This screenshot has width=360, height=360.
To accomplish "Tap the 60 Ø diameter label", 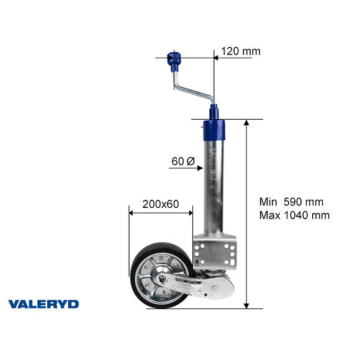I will point(182,161).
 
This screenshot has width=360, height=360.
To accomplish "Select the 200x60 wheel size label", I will point(160,204).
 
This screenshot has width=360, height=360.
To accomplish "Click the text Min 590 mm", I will point(291,202).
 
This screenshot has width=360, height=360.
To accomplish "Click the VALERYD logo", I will point(43,304).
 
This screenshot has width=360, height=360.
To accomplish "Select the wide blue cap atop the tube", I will point(214,131).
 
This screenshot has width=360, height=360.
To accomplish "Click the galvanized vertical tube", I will point(214,186).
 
